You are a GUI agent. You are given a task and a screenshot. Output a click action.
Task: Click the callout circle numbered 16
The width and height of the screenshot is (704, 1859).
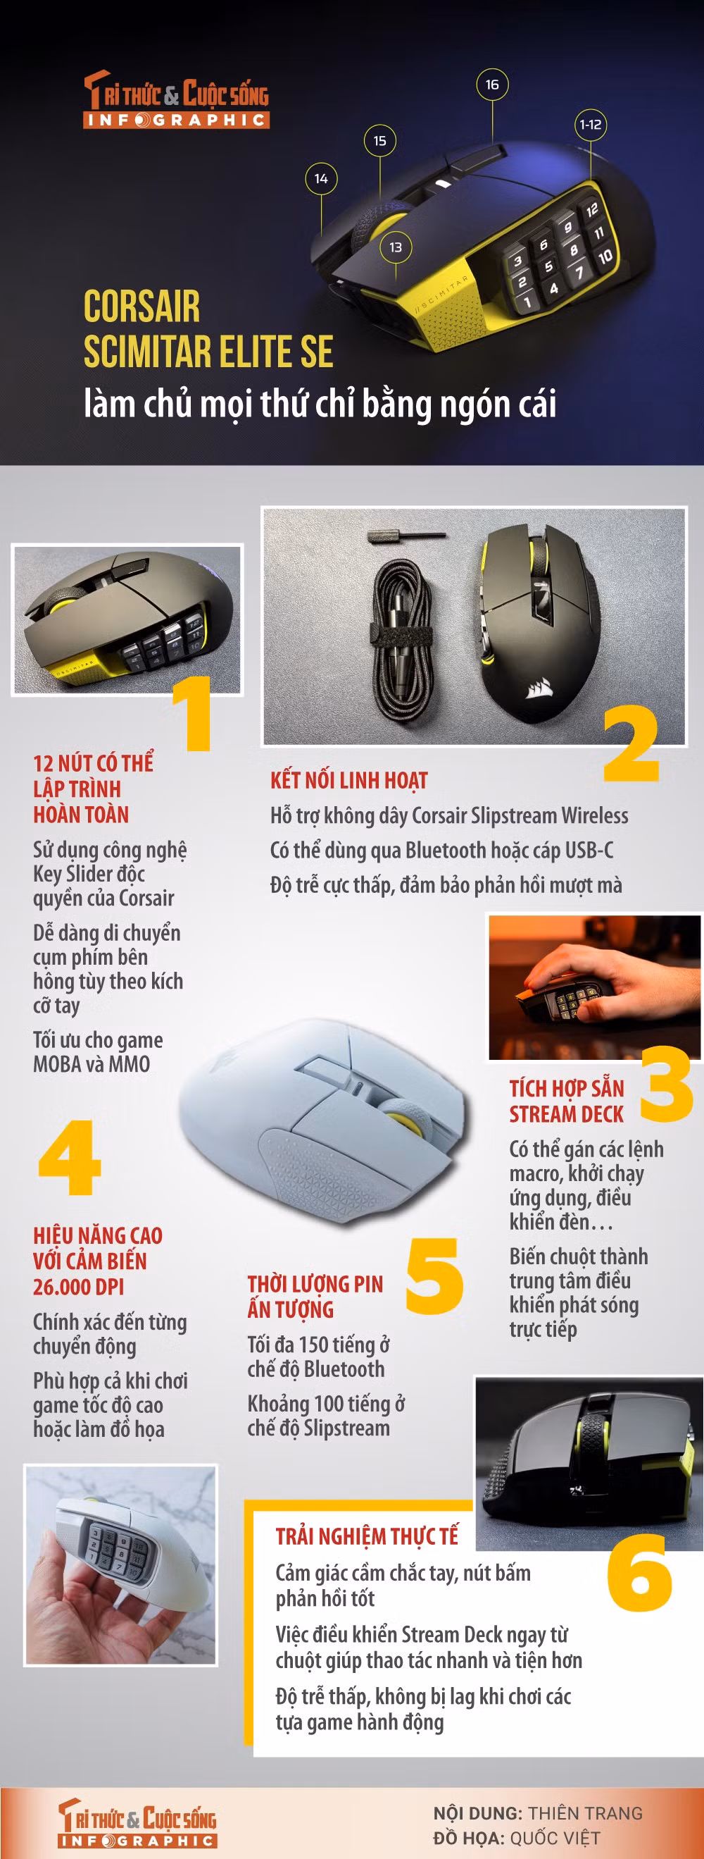(x=492, y=85)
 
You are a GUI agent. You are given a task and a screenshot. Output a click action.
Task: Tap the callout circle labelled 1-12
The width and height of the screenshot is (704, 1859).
(x=591, y=124)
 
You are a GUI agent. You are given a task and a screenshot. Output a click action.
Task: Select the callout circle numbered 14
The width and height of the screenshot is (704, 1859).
(x=321, y=178)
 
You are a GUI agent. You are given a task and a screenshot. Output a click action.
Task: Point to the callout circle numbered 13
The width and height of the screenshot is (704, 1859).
(x=395, y=247)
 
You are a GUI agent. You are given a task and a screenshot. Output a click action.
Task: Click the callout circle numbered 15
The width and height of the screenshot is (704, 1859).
(x=380, y=141)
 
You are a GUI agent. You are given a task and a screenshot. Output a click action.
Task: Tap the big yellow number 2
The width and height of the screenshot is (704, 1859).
(x=631, y=743)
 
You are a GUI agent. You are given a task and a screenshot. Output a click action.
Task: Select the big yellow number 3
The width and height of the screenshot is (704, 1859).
(x=667, y=1083)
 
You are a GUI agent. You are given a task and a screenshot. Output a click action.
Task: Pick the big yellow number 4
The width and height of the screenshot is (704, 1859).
(x=69, y=1158)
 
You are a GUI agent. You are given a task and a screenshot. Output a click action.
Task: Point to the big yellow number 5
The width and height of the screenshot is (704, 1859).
(x=434, y=1276)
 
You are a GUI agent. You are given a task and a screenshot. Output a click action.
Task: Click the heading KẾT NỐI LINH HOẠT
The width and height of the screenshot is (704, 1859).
(x=349, y=779)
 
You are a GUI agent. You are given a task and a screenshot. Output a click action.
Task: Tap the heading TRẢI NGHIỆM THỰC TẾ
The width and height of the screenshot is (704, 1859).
(x=367, y=1536)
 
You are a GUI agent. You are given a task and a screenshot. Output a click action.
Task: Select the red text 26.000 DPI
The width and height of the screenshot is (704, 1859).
(x=79, y=1287)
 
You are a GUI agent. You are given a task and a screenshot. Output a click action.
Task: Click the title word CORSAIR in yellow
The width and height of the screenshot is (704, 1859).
(x=142, y=306)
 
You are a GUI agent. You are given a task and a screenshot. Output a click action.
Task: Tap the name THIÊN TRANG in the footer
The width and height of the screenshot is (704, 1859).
(x=585, y=1812)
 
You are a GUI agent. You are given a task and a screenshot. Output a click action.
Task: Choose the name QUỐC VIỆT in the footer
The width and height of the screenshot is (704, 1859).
(x=555, y=1837)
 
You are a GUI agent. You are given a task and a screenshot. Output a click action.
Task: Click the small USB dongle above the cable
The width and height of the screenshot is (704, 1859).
(x=407, y=536)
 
